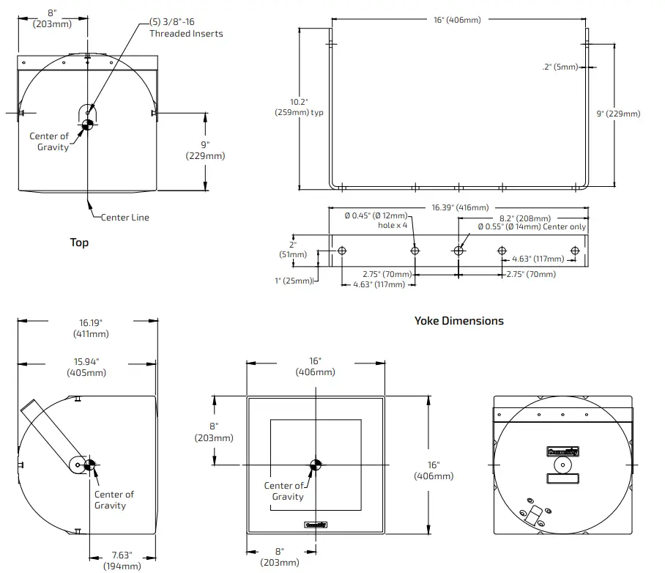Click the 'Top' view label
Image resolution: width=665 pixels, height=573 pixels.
pyautogui.click(x=79, y=243)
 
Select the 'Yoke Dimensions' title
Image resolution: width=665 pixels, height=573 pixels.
pyautogui.click(x=459, y=321)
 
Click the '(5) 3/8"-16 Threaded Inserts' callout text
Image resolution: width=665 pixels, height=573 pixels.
pyautogui.click(x=186, y=28)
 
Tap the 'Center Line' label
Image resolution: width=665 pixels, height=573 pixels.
pyautogui.click(x=125, y=218)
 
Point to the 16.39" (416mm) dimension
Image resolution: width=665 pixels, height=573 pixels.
pyautogui.click(x=460, y=208)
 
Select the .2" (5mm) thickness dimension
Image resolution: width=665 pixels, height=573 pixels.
pyautogui.click(x=560, y=67)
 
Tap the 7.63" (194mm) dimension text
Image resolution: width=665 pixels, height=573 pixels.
pyautogui.click(x=122, y=561)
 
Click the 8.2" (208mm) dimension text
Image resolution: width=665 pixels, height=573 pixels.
pyautogui.click(x=524, y=218)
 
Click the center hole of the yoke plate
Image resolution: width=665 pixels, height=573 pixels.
pyautogui.click(x=458, y=251)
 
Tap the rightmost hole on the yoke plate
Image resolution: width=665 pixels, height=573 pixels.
pyautogui.click(x=575, y=251)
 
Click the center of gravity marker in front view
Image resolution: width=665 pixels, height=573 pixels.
pyautogui.click(x=315, y=465)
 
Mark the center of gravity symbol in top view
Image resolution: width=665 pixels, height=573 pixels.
pyautogui.click(x=86, y=125)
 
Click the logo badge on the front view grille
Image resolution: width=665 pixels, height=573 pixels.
pyautogui.click(x=315, y=524)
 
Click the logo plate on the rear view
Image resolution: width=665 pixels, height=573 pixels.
pyautogui.click(x=562, y=453)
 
